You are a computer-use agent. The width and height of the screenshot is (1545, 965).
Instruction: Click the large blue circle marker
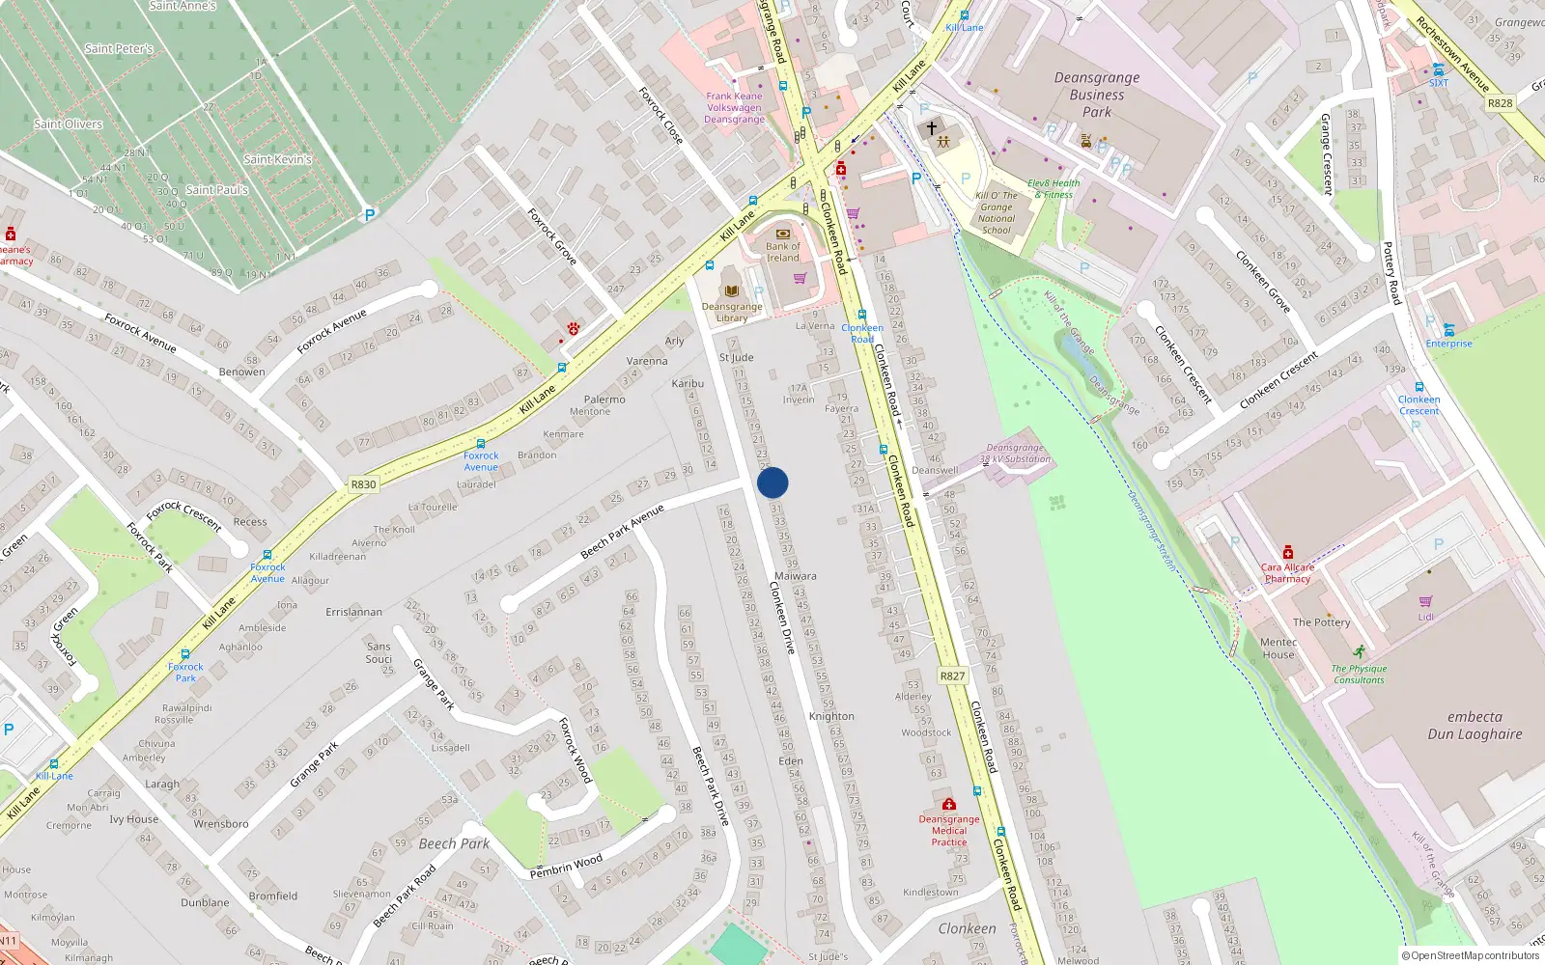click(x=772, y=482)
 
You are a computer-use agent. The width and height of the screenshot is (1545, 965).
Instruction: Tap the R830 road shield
click(x=363, y=484)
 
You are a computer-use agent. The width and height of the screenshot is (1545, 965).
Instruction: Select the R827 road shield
click(x=952, y=675)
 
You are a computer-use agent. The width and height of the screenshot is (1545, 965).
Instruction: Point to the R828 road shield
click(x=1500, y=103)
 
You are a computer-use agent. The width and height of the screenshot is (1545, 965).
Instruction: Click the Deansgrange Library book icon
click(x=731, y=289)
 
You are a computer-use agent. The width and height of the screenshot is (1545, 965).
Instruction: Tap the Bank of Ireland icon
click(x=783, y=234)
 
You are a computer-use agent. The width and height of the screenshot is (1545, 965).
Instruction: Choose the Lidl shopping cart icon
click(x=1425, y=602)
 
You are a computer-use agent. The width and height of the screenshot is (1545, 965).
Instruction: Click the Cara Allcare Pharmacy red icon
click(x=1288, y=553)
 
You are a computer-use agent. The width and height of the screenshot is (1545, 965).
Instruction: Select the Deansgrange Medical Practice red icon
click(x=948, y=804)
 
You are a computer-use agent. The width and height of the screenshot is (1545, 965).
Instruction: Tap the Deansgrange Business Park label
click(x=1097, y=95)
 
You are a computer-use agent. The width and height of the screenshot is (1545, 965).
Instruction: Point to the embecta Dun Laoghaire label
click(x=1475, y=726)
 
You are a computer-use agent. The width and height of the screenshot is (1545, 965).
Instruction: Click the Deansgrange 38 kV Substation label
click(x=1015, y=454)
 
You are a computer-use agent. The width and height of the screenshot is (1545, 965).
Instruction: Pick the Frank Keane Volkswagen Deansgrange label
click(x=734, y=107)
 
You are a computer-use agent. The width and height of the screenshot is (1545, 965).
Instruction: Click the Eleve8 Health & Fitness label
click(x=1053, y=188)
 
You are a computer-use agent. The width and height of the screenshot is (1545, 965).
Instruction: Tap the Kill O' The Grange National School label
click(x=997, y=212)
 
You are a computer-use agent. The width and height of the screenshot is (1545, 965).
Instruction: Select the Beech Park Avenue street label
click(x=623, y=532)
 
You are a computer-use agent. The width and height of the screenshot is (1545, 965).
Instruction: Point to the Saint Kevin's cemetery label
click(x=278, y=159)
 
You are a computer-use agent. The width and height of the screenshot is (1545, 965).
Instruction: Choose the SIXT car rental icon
click(x=1439, y=69)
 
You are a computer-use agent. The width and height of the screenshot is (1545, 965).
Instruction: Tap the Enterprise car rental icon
click(x=1448, y=330)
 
